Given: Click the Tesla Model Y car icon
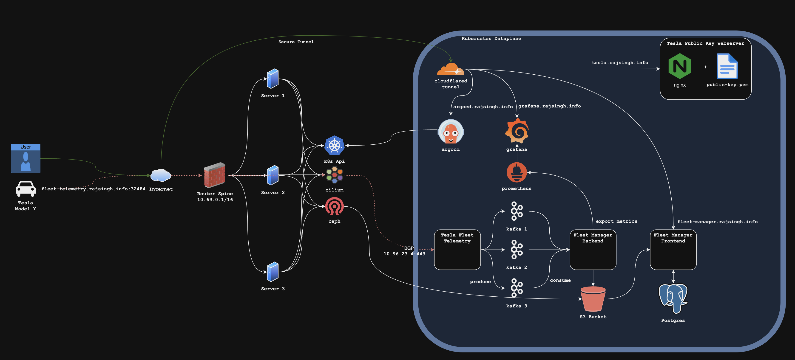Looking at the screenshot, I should pos(26,188).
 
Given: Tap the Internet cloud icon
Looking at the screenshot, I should pos(160,175).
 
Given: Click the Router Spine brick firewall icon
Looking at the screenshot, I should pos(215,175).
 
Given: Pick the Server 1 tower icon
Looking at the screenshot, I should pos(273,79).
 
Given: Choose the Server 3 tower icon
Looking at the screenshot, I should pos(273,272).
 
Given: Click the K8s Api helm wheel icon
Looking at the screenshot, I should pos(334,145).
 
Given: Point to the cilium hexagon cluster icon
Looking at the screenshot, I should pos(334,175).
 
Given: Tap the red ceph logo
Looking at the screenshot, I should pos(334,206).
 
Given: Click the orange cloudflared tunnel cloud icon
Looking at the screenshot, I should pos(450,69).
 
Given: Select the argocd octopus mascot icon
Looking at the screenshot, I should pos(451,132).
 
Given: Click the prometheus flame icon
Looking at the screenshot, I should pos(516,172).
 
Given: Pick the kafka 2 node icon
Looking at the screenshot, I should pos(516,249).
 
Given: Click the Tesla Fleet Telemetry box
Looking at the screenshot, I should pos(457,250).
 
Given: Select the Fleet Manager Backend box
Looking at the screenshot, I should pos(593,250).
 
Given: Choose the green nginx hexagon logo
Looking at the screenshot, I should pos(680,66).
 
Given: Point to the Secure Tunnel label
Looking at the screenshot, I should pos(296,42).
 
